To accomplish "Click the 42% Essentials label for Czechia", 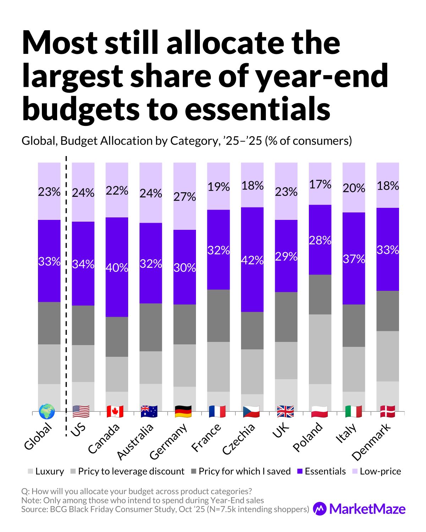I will tap(252, 261).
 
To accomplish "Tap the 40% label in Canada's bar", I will tap(117, 267).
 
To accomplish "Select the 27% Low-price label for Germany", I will tap(185, 196).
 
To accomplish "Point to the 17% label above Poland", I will tap(320, 184).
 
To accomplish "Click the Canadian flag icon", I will tap(115, 411).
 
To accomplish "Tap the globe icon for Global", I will tap(47, 411).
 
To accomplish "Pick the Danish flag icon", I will tap(388, 411).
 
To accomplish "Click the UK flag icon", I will tap(285, 411).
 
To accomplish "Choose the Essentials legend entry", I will tap(321, 471).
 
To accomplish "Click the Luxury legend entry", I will tap(46, 471).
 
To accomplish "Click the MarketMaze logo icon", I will tap(320, 509).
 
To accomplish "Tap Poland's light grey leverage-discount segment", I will tap(320, 349).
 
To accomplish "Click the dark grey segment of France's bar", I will tap(218, 316).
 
